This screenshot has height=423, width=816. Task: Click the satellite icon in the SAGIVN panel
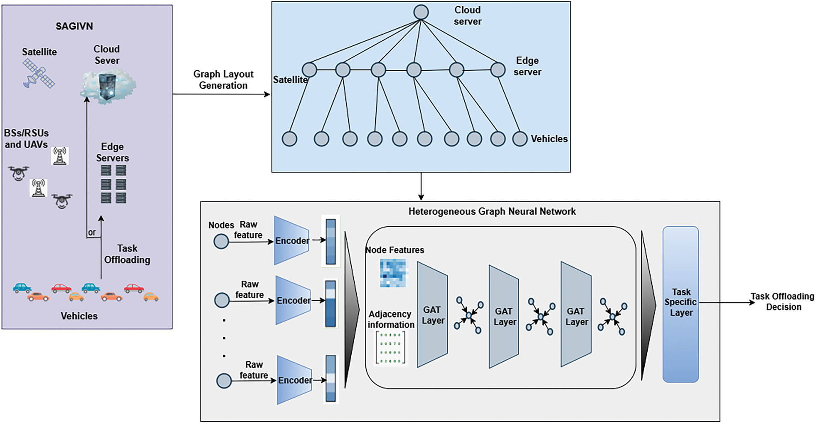[39, 74]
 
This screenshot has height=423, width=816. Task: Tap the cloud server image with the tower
[108, 87]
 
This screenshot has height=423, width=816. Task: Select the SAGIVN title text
[74, 26]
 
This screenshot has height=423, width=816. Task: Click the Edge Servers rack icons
[114, 184]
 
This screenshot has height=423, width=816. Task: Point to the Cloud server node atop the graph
[421, 12]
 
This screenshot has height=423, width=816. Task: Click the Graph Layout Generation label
[223, 80]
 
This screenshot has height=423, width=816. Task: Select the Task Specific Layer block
[681, 304]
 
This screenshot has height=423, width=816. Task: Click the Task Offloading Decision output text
[783, 302]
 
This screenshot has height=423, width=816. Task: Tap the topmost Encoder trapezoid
[292, 240]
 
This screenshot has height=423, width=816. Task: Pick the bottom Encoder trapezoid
[295, 380]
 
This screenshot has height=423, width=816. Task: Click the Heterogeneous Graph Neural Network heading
[492, 211]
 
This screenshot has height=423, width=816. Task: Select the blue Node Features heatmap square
[394, 273]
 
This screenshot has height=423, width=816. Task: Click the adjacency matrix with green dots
[391, 348]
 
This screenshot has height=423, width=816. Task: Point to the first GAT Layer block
[432, 315]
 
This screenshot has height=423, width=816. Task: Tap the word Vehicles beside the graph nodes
[549, 139]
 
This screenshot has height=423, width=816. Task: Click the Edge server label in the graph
[527, 66]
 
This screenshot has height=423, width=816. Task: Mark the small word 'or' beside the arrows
[92, 233]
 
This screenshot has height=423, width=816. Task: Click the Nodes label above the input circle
[221, 225]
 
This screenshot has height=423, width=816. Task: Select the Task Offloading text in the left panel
[127, 254]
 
